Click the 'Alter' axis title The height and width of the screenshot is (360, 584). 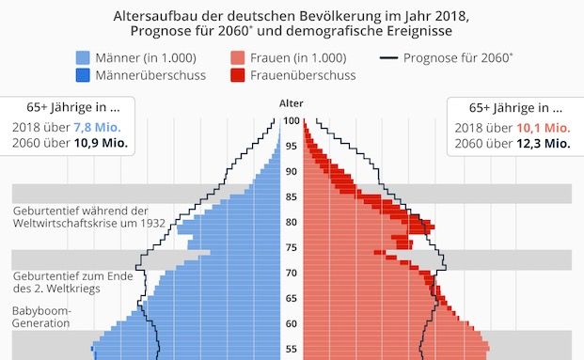[x=292, y=102]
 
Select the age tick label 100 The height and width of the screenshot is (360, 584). [x=292, y=120]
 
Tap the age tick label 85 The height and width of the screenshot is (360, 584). [x=292, y=197]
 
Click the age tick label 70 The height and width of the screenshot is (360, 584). [x=292, y=274]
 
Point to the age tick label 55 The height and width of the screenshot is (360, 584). [x=292, y=350]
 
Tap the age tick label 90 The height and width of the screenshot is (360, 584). [x=292, y=171]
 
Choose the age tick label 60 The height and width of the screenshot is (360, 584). [x=292, y=324]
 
